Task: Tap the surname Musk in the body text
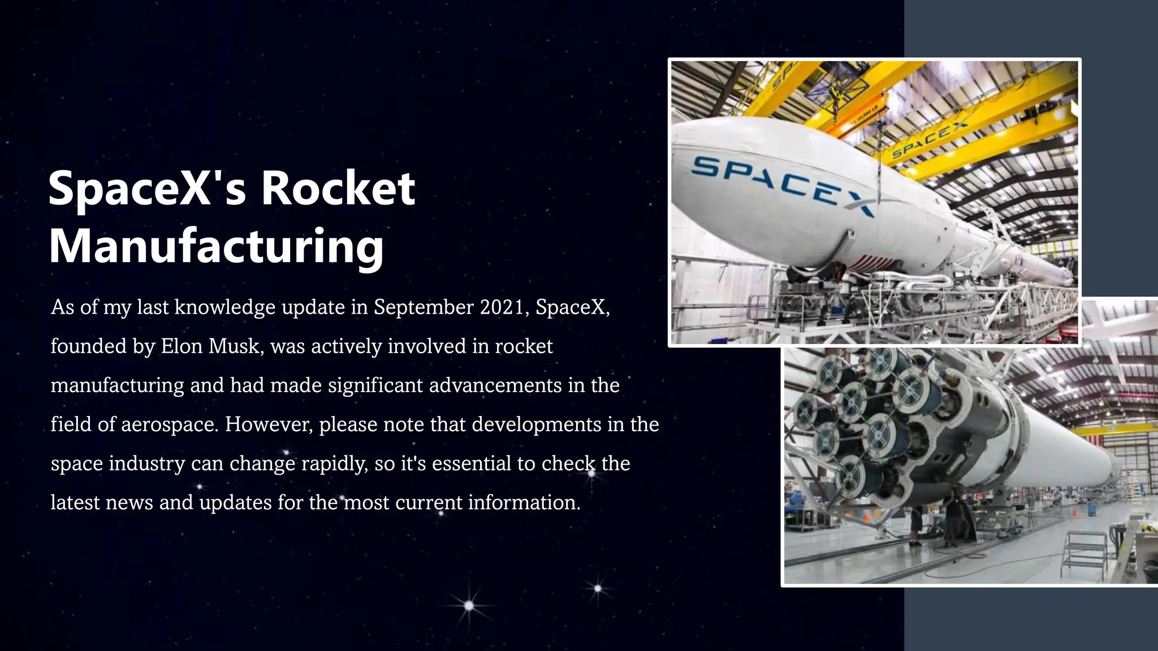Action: pyautogui.click(x=233, y=346)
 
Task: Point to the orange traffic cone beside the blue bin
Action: pyautogui.click(x=1075, y=513)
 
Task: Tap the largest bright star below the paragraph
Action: pyautogui.click(x=469, y=606)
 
